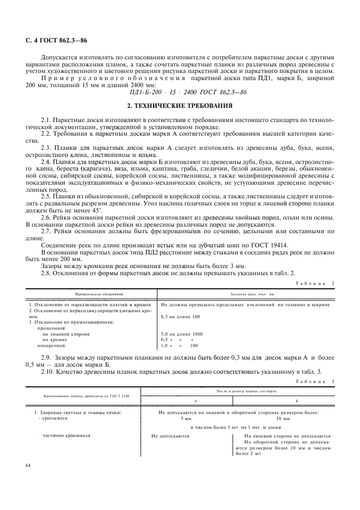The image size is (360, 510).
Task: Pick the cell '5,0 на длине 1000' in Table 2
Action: pyautogui.click(x=182, y=333)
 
